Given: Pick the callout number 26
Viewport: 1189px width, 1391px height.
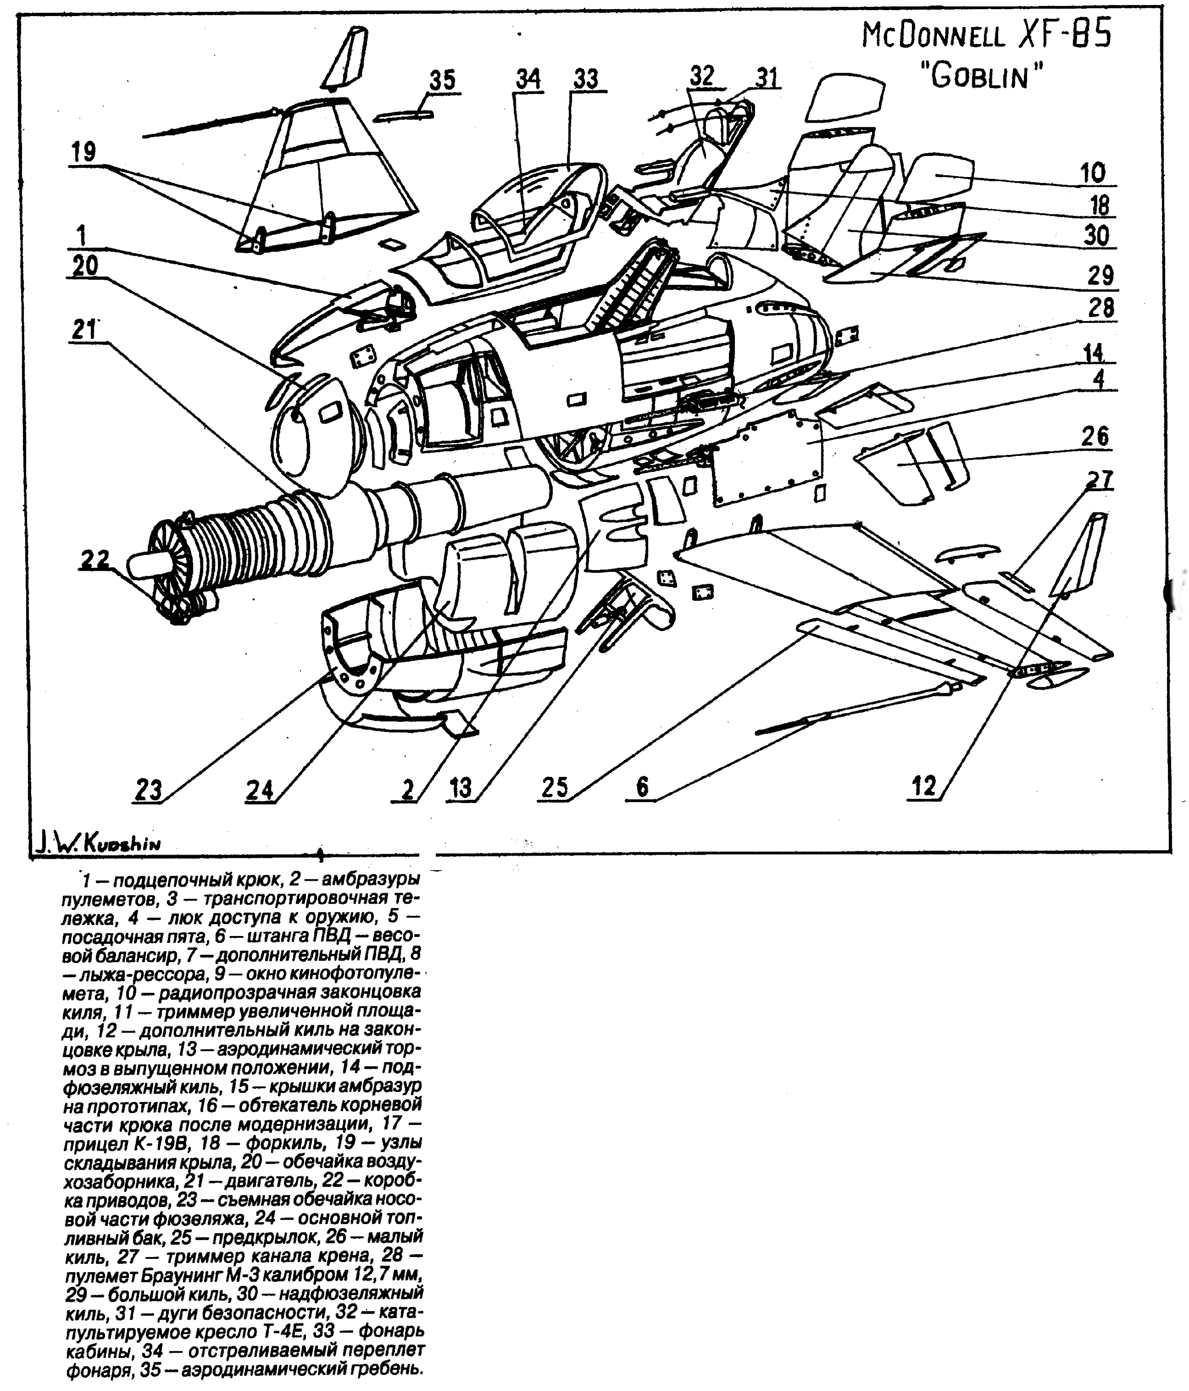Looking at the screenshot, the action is (x=1094, y=436).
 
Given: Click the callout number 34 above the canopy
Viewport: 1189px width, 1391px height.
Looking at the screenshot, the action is (x=528, y=79).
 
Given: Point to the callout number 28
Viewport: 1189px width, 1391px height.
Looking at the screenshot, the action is (x=1100, y=308).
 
